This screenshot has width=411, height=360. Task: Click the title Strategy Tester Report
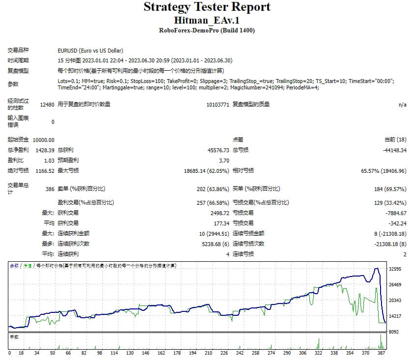click(207, 7)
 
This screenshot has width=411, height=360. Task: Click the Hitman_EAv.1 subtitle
click(207, 20)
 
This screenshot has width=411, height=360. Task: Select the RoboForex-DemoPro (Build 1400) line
click(207, 30)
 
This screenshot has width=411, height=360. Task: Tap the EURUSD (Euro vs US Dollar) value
click(90, 51)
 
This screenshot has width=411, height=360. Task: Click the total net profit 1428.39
click(45, 150)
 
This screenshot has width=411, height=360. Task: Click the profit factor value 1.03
click(49, 161)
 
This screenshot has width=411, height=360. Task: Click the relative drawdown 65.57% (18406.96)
click(384, 171)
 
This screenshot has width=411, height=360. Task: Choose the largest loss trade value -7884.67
click(396, 213)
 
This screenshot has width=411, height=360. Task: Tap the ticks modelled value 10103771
click(218, 105)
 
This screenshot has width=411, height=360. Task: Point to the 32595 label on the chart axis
click(395, 269)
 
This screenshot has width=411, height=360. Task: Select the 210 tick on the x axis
click(208, 353)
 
